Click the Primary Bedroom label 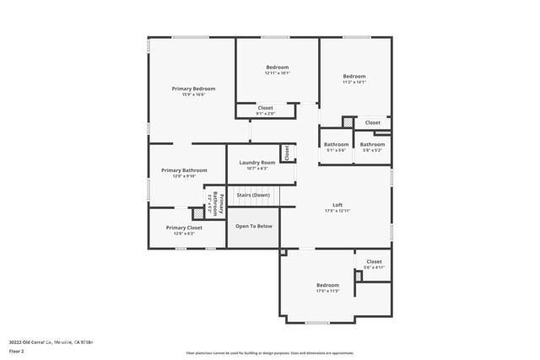point(193,89)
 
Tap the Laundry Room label point(256,162)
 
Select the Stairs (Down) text point(253,195)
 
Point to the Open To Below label point(253,226)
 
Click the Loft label point(337,205)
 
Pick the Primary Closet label point(184,228)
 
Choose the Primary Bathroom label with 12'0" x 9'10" point(184,170)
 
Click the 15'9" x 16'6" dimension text point(193,94)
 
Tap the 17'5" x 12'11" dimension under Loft point(337,211)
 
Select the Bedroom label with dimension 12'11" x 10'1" point(278,67)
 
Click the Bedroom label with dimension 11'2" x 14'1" point(354,76)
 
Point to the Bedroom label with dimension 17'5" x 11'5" point(327,285)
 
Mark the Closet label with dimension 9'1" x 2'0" point(265,108)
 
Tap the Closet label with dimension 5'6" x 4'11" point(374,261)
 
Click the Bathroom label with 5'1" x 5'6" point(336,144)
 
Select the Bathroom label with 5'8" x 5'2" point(372,144)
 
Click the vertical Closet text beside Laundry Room point(287,153)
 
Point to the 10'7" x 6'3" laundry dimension point(256,168)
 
